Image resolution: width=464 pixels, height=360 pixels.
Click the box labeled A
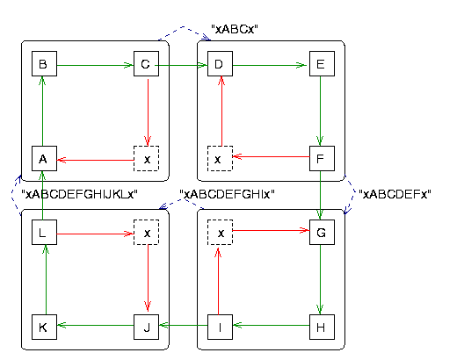coord(45,158)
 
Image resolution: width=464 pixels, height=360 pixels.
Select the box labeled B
coord(45,63)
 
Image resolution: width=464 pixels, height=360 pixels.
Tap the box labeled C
coord(146,63)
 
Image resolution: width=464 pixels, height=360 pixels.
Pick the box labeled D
coord(221,63)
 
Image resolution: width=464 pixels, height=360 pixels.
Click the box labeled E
coord(322,63)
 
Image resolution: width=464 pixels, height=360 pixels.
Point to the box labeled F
coord(322,158)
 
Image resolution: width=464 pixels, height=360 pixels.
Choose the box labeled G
coord(322,233)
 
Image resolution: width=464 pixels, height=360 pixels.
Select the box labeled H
coord(322,327)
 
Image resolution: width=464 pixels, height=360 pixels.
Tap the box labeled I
coord(221,327)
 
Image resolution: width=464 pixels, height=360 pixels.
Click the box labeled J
coord(146,327)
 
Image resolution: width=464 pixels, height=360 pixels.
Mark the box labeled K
coord(45,327)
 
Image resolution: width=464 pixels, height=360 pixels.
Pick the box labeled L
coord(45,233)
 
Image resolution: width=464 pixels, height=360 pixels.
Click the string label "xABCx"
coord(235,29)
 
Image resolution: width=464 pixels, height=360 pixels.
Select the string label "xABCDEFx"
coord(395,194)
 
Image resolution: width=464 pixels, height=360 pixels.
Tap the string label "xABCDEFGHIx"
coord(227,194)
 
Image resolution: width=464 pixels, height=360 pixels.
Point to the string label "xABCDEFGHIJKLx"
coord(80,194)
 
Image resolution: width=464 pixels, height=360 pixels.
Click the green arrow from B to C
coord(95,65)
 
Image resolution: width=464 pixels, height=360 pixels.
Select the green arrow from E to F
coord(320,111)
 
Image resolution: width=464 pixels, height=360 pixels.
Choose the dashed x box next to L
coord(146,233)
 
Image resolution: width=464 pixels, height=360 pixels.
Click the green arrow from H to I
coord(271,326)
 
